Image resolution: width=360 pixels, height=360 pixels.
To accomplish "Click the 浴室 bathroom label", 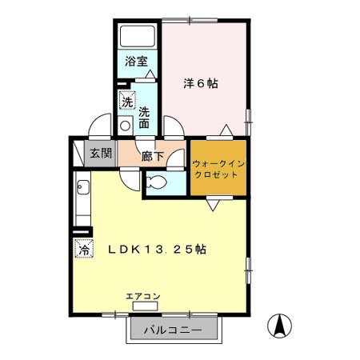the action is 136,62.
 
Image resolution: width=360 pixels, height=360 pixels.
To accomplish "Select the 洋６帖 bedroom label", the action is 201,83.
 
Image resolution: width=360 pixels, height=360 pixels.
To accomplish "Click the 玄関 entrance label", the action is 101,153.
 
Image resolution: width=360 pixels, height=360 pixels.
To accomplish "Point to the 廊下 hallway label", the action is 152,156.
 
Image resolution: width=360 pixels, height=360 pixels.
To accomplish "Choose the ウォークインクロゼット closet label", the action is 218,169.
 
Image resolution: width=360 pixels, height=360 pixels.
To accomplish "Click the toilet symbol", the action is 157,182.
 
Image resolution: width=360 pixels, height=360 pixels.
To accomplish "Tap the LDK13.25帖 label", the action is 157,250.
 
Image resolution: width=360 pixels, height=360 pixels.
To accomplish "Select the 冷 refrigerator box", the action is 84,249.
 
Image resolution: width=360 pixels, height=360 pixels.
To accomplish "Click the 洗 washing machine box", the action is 127,100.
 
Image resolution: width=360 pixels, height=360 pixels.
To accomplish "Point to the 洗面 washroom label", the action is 144,118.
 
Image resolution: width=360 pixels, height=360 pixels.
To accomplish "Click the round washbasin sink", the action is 125,126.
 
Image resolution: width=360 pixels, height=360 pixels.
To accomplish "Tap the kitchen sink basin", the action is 83,187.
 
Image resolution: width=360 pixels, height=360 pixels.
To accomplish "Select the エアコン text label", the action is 143,296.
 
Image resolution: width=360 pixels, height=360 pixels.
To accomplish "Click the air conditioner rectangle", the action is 146,306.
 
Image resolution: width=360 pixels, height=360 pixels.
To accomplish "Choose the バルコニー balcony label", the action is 173,330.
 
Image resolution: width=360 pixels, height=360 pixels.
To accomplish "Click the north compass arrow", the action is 279,326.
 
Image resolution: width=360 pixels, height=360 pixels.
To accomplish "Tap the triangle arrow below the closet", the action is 213,206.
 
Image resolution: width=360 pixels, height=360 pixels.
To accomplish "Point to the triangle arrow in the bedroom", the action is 226,130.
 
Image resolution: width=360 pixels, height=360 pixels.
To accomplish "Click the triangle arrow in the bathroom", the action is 150,74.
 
